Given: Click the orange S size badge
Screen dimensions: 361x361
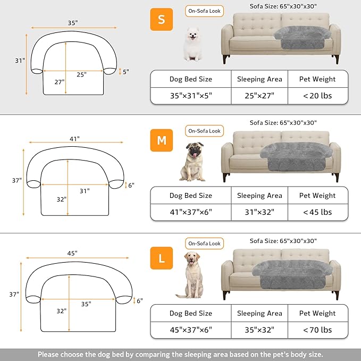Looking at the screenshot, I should point(161,20).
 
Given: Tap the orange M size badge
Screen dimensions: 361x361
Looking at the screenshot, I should point(161,140).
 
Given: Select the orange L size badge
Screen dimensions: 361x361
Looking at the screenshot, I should point(161,259).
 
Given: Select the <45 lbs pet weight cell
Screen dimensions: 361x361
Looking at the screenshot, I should point(317,212).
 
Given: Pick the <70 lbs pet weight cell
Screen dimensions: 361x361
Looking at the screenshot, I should point(317,330).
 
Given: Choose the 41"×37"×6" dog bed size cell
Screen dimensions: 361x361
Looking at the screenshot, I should point(190,212).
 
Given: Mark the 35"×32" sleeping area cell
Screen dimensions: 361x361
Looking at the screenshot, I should point(259,330).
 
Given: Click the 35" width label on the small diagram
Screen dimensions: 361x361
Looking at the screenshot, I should point(73,23).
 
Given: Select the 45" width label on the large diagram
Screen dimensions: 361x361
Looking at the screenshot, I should point(73,253).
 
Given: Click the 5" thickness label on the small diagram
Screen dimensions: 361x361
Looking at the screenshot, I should point(126,71).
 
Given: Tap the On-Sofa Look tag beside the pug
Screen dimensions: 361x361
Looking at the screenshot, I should point(205,131).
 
